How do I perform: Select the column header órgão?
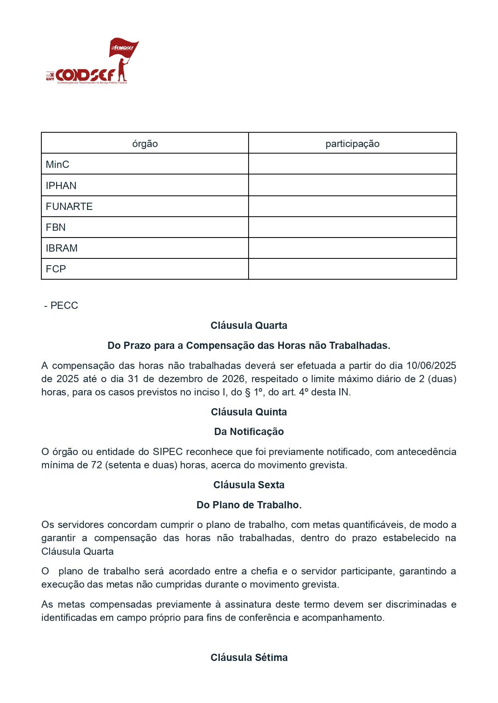point(145,144)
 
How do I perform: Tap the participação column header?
point(352,144)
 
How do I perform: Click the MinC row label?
point(57,165)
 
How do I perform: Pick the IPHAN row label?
point(61,186)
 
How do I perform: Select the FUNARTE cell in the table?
point(69,207)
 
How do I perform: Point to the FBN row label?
point(56,228)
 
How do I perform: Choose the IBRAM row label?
point(62,248)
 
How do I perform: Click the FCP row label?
point(56,269)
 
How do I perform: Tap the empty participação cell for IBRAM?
point(352,248)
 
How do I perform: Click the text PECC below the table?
point(64,306)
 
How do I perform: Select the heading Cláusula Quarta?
point(249,326)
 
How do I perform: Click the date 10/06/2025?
point(431,366)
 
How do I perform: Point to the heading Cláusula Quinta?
point(249,412)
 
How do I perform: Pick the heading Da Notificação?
point(249,432)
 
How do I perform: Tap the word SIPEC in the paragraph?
point(168,452)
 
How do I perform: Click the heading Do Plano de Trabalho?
point(249,505)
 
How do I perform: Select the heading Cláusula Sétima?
point(249,658)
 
